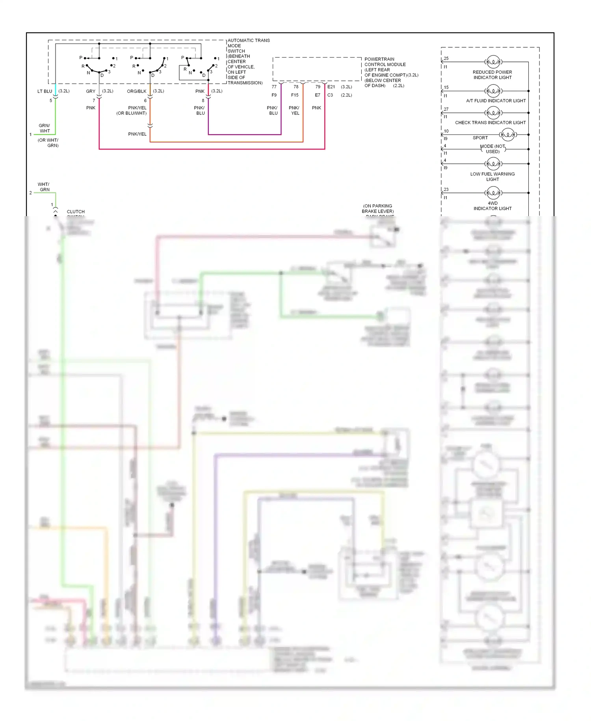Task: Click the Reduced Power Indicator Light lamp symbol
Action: coord(493,62)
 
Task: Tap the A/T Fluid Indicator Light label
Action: coord(496,101)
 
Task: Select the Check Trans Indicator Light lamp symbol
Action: coord(493,113)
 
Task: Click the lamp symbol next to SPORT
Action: coord(508,135)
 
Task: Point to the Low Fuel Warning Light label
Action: coord(492,176)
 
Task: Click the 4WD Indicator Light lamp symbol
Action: coord(493,193)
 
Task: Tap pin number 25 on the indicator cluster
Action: coord(446,58)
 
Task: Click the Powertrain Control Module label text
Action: coord(385,64)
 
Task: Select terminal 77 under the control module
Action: coord(274,87)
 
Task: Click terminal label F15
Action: coord(295,95)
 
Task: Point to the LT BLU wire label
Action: coord(45,91)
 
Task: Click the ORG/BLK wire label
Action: coord(136,91)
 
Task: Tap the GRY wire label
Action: coord(91,91)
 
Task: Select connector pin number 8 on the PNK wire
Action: coord(203,101)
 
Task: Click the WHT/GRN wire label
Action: coord(44,187)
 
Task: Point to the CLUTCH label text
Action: coord(76,212)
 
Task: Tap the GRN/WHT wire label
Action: coord(45,128)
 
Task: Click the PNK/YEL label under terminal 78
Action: coord(294,110)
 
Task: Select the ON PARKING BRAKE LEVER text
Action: coord(377,209)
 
